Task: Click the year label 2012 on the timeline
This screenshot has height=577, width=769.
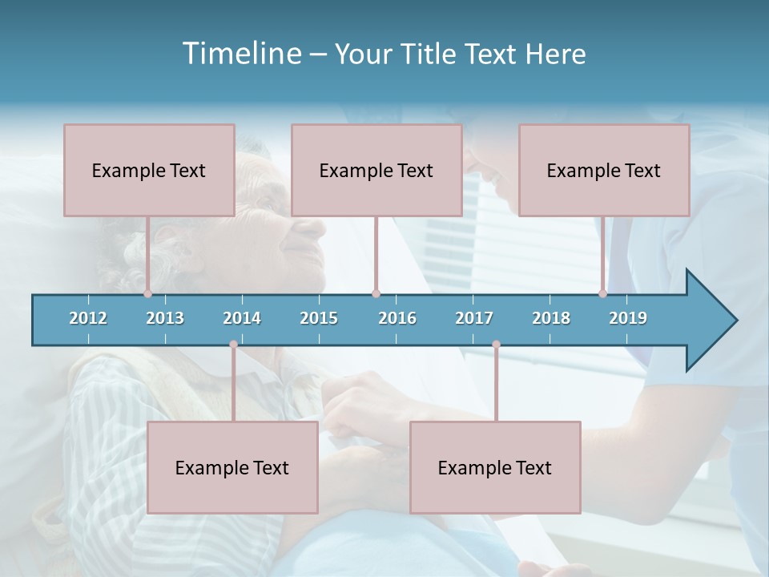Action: point(88,318)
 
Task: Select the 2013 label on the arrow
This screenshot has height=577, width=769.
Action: point(165,318)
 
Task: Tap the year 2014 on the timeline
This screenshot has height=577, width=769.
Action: point(242,318)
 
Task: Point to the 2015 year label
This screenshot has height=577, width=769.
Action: point(319,318)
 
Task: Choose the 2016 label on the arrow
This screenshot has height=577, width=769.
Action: point(397,318)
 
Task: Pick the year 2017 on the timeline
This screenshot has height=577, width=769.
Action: point(474,318)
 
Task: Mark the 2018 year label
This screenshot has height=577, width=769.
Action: point(551,318)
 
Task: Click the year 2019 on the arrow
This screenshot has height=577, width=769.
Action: point(628,318)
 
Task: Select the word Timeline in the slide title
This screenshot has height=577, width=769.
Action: point(240,54)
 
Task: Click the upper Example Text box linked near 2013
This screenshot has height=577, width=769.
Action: point(149,170)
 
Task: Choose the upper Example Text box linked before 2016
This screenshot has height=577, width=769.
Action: point(376,170)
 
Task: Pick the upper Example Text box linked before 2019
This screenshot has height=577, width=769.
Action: point(604,170)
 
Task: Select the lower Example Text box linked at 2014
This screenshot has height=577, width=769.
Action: point(232,467)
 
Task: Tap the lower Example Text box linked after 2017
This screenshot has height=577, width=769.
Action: point(495,467)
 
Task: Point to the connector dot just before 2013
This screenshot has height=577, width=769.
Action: point(148,293)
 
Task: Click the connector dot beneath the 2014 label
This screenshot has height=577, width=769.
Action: point(233,345)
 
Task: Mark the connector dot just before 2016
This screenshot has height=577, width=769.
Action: point(376,293)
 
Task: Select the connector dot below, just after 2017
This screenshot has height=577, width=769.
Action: point(496,345)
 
